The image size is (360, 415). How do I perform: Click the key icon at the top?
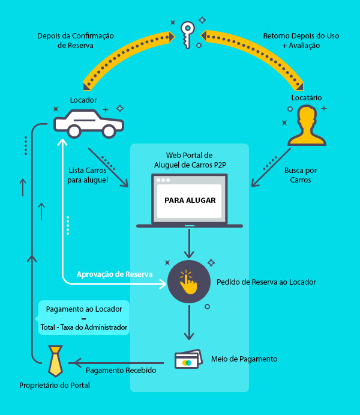pyautogui.click(x=188, y=34)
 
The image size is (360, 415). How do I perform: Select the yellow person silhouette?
pyautogui.click(x=307, y=126)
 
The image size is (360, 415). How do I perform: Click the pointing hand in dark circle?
pyautogui.click(x=188, y=282)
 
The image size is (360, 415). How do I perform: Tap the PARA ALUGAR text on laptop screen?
pyautogui.click(x=190, y=201)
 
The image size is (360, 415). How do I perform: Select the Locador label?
pyautogui.click(x=83, y=100)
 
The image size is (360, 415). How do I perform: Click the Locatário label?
pyautogui.click(x=307, y=97)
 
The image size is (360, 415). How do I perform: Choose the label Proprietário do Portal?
pyautogui.click(x=55, y=385)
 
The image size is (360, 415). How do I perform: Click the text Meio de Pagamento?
pyautogui.click(x=244, y=359)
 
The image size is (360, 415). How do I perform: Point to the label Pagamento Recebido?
pyautogui.click(x=121, y=371)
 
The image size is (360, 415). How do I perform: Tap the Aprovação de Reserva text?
pyautogui.click(x=114, y=274)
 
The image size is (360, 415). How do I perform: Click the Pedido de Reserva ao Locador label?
pyautogui.click(x=266, y=282)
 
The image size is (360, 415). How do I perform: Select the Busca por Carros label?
pyautogui.click(x=301, y=175)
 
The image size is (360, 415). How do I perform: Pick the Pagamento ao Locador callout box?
pyautogui.click(x=84, y=318)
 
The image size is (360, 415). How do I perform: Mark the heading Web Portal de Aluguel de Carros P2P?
pyautogui.click(x=189, y=159)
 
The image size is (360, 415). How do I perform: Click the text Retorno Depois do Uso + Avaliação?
pyautogui.click(x=301, y=40)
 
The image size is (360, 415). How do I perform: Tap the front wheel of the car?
pyautogui.click(x=74, y=131)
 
